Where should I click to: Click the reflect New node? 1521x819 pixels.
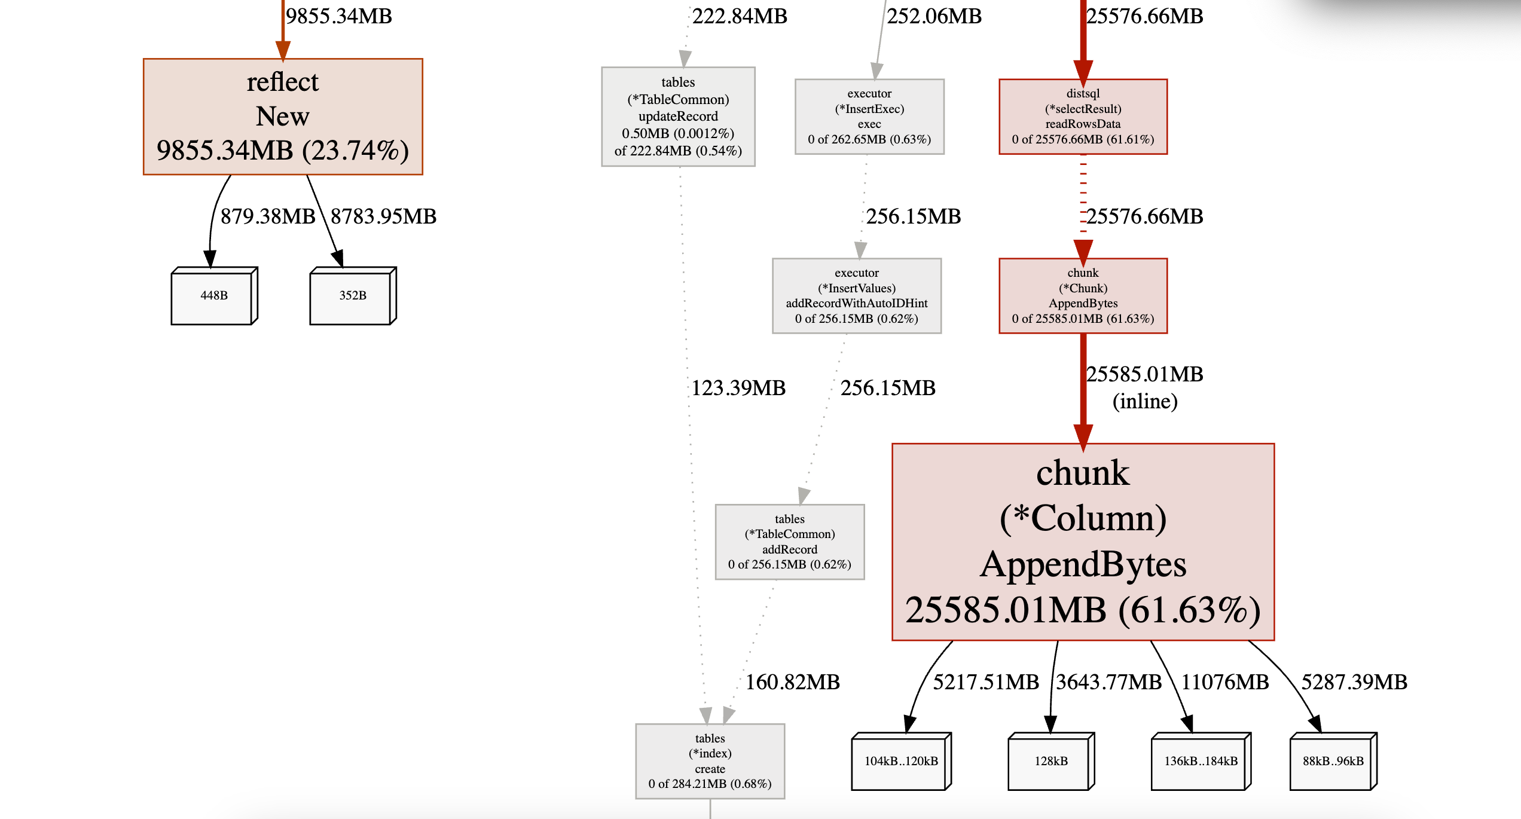283,117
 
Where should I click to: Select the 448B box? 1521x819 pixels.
214,296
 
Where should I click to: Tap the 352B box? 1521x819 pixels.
353,296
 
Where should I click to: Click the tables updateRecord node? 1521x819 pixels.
678,117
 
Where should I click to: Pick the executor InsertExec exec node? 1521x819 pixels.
869,117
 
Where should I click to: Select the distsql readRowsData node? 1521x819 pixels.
1083,117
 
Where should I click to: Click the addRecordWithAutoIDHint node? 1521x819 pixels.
857,296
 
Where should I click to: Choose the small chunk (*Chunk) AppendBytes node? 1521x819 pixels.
1083,296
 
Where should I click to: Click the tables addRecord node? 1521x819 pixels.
790,542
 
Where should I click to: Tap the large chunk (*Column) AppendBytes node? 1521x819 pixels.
1083,542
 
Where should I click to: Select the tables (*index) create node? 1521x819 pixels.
710,761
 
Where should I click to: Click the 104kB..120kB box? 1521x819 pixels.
901,761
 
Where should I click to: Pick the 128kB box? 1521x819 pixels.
1051,761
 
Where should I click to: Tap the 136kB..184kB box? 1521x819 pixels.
1201,761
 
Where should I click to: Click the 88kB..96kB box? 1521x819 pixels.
1333,761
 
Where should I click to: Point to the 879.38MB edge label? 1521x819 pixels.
268,216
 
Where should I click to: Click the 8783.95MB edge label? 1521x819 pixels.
383,216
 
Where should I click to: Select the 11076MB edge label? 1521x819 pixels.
1225,682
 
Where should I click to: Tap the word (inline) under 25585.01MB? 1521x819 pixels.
1145,401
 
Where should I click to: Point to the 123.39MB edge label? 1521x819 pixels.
738,388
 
